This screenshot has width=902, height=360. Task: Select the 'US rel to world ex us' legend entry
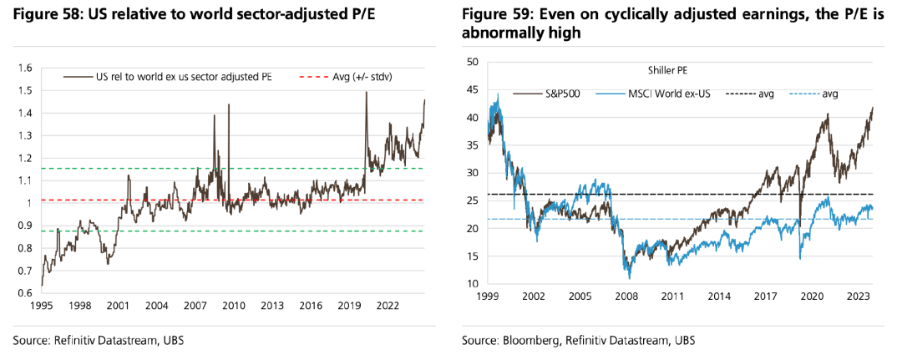[x=171, y=77]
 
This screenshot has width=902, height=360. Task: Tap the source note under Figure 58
[x=99, y=342]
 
